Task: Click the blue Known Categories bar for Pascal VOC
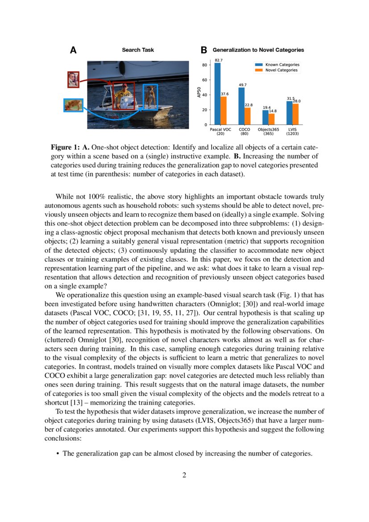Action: [218, 94]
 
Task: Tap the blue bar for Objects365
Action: [265, 117]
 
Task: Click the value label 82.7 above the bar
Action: [219, 60]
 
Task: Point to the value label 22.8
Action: [249, 105]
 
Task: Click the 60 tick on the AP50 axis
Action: [204, 80]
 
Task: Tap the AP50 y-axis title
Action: [199, 94]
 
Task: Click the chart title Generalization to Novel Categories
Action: [258, 50]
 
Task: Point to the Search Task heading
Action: [138, 50]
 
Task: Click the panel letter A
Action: [73, 50]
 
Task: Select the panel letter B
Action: [203, 50]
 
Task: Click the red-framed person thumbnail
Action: [74, 79]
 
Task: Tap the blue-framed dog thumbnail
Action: [73, 105]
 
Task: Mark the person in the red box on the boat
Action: [124, 95]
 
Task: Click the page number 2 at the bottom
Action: [184, 475]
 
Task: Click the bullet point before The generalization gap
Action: [58, 454]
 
